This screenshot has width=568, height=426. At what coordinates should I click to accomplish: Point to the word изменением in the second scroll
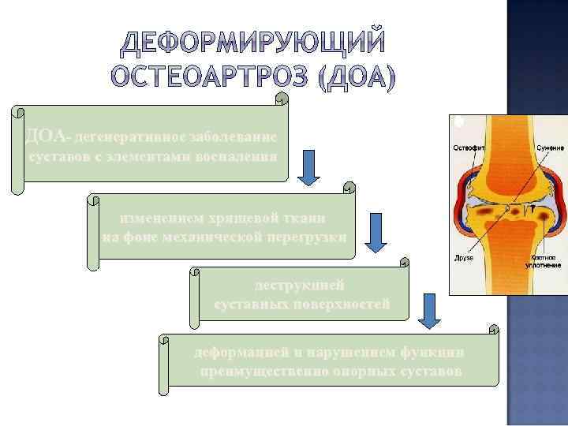166,218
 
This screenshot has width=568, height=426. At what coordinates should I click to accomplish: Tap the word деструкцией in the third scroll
300,284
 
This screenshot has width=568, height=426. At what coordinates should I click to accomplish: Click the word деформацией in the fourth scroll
234,352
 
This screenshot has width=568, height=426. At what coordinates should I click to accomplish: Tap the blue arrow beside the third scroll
430,310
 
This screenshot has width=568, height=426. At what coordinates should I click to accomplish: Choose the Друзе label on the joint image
464,256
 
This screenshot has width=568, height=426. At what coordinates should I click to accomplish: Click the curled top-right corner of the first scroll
281,100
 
